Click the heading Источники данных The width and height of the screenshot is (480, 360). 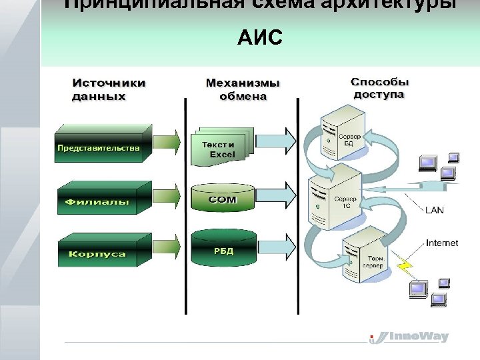click(108, 89)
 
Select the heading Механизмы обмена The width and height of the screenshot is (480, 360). click(243, 89)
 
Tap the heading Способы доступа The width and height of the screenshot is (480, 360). click(379, 88)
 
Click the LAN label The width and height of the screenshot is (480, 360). click(434, 210)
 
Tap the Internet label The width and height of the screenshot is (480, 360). click(441, 243)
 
